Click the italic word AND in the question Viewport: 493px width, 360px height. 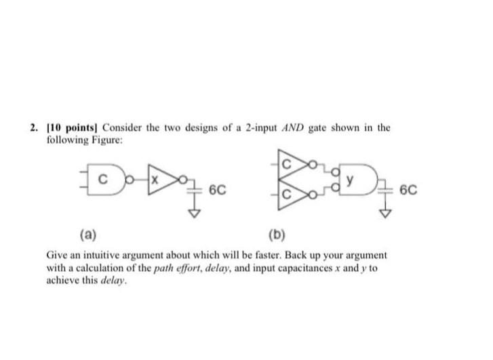294,127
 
